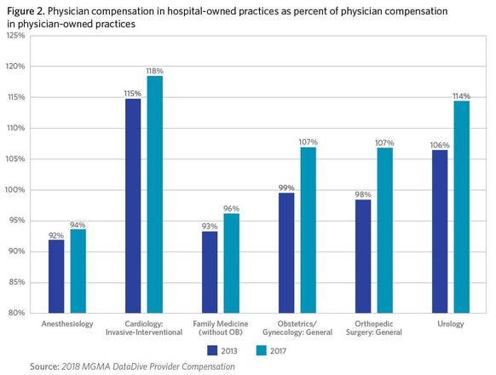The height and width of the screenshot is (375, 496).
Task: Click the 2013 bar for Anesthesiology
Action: tap(56, 276)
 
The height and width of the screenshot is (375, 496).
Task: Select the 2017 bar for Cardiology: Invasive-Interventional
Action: tap(155, 194)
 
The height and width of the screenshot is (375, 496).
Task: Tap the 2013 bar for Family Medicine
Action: tap(210, 272)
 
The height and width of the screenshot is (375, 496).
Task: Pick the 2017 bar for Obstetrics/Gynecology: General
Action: tap(309, 230)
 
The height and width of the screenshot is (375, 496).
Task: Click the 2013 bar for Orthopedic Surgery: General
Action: tap(363, 257)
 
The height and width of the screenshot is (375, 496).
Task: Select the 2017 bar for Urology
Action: tap(462, 207)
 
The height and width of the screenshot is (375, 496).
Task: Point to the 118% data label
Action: tap(155, 72)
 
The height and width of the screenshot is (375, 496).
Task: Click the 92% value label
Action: tap(56, 235)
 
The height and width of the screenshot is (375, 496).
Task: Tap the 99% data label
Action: tap(286, 188)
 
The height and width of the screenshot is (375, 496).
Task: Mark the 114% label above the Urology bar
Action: tap(462, 96)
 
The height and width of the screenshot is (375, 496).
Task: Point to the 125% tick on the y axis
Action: tap(15, 35)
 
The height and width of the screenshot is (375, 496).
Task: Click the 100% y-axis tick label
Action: tap(15, 190)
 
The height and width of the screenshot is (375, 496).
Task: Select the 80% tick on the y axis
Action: tap(16, 313)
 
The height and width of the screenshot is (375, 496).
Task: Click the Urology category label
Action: tap(451, 324)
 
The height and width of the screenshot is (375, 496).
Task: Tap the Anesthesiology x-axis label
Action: tap(67, 324)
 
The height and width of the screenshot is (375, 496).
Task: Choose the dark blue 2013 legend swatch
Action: tap(212, 350)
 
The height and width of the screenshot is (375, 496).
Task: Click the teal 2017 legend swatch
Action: tap(262, 350)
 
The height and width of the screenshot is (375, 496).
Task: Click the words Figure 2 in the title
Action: tap(26, 12)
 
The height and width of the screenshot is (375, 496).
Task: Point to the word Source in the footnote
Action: tap(44, 366)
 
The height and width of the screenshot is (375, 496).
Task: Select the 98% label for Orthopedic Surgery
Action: tap(363, 194)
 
